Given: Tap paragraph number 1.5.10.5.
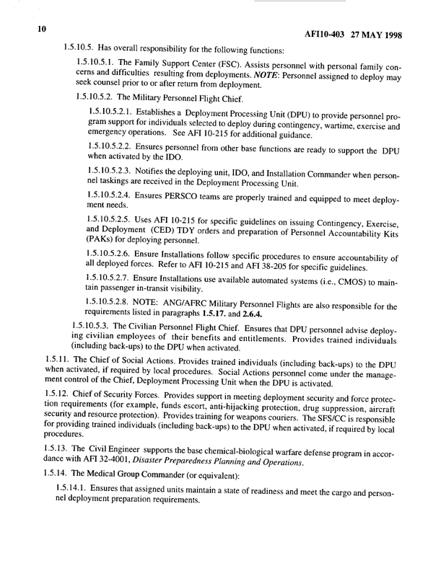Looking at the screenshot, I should tap(82, 50).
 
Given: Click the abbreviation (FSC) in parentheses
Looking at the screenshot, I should tap(217, 68).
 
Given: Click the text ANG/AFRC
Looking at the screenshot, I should tap(192, 347).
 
